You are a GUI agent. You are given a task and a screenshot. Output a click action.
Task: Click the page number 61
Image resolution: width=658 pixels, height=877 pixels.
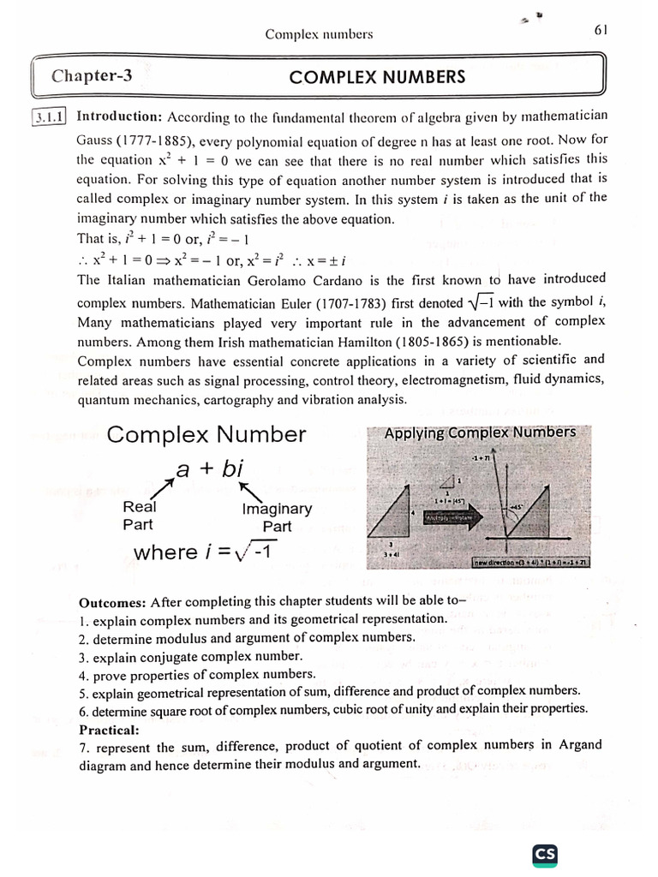tap(600, 30)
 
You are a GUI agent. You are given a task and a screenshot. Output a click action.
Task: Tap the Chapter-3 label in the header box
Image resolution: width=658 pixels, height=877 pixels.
tap(92, 76)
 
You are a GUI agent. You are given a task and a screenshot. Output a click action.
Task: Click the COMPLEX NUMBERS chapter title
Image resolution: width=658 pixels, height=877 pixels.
tap(377, 77)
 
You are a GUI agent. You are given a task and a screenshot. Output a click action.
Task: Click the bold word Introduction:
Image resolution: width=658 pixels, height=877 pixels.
tap(119, 116)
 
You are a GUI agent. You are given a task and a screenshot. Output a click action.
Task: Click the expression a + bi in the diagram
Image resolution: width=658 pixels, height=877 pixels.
tap(210, 468)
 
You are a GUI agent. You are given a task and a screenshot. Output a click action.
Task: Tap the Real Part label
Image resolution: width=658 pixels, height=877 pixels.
tap(139, 515)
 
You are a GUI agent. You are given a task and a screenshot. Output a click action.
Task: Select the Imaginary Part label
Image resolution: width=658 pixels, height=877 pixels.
tap(277, 517)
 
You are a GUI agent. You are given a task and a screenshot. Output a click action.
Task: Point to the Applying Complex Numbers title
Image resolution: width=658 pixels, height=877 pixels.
tap(480, 433)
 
